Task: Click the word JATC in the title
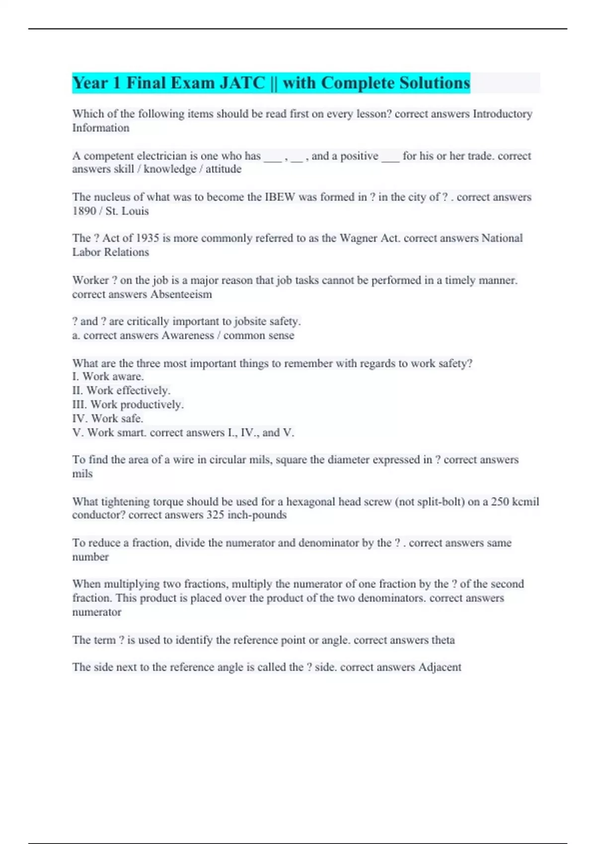242,83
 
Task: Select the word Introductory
502,114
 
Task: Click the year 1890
84,211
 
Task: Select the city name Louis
135,211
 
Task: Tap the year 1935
148,238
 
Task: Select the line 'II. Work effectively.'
121,391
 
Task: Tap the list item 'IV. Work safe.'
108,419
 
